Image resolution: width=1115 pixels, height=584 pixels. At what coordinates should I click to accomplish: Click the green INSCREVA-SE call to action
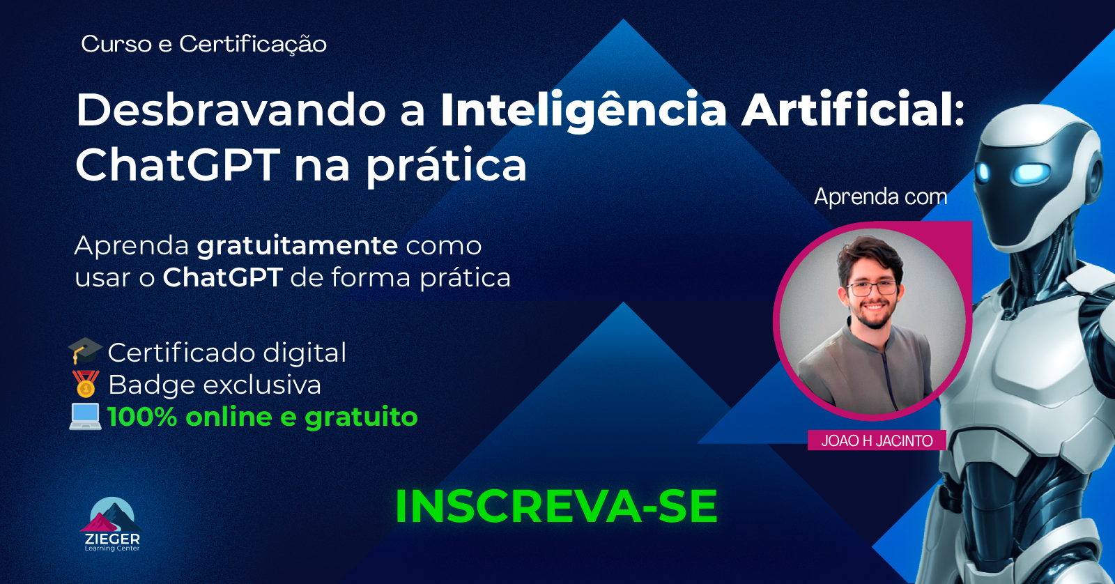coord(555,507)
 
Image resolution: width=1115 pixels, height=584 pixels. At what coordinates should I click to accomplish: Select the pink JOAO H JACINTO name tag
coord(877,440)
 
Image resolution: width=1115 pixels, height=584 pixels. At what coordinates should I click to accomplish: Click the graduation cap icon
coord(85,351)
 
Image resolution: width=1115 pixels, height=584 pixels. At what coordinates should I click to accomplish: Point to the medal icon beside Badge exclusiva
coord(85,384)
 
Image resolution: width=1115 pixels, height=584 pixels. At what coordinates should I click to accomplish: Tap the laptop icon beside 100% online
coord(85,416)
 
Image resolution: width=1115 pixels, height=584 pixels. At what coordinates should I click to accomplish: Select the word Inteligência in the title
coord(584,110)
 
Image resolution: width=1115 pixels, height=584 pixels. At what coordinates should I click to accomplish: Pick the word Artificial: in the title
coord(853,110)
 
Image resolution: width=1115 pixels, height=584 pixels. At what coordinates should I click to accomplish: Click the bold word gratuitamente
coord(298,246)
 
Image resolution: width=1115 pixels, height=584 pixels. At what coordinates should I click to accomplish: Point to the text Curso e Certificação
coord(203,44)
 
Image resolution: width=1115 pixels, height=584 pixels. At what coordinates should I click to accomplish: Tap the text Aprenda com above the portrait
coord(880,197)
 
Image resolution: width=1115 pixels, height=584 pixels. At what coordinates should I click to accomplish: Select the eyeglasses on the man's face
coord(871,287)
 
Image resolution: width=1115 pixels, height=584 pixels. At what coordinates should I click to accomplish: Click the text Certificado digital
coord(227,353)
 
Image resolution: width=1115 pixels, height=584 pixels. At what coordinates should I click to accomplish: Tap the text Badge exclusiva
coord(215,385)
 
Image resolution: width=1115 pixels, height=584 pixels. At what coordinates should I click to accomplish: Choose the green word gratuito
coord(361,417)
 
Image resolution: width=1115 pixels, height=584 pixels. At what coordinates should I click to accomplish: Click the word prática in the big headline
coord(446,166)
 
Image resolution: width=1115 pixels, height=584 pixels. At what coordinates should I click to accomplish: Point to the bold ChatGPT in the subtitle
coord(222,277)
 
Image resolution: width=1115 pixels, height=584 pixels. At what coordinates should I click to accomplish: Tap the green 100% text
coord(142,417)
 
